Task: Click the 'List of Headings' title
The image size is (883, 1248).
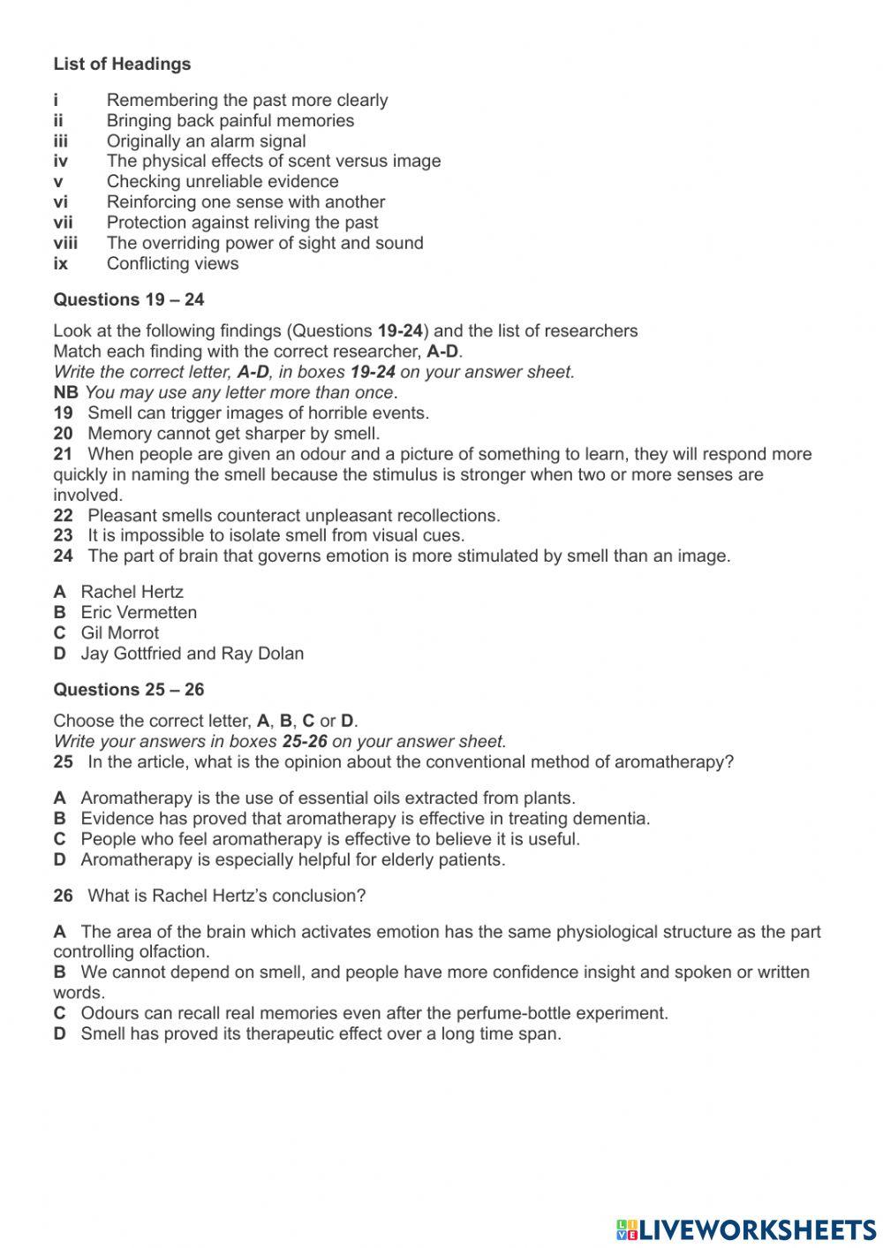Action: coord(122,64)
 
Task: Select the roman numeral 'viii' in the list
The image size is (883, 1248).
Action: coord(65,243)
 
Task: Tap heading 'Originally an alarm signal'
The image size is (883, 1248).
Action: coord(206,141)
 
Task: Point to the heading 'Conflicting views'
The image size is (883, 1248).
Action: coord(172,263)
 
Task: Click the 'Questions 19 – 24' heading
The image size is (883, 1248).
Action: coord(128,299)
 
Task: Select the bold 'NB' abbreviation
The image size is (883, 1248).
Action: coord(65,392)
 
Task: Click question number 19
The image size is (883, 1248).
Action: coord(63,412)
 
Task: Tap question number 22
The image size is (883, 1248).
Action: coord(63,515)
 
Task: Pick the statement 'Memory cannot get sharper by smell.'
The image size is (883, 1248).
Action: coord(234,434)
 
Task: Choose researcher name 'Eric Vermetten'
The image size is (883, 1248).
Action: coord(139,612)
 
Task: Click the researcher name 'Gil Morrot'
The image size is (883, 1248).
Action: coord(120,632)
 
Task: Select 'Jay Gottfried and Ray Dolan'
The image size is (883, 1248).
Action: coord(192,654)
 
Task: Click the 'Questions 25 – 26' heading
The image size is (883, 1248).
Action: coord(128,689)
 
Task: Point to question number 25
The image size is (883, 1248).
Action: coord(63,761)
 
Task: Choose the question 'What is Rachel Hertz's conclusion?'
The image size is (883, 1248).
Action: coord(226,896)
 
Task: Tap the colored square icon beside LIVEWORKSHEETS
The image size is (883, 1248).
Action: coord(626,1229)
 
